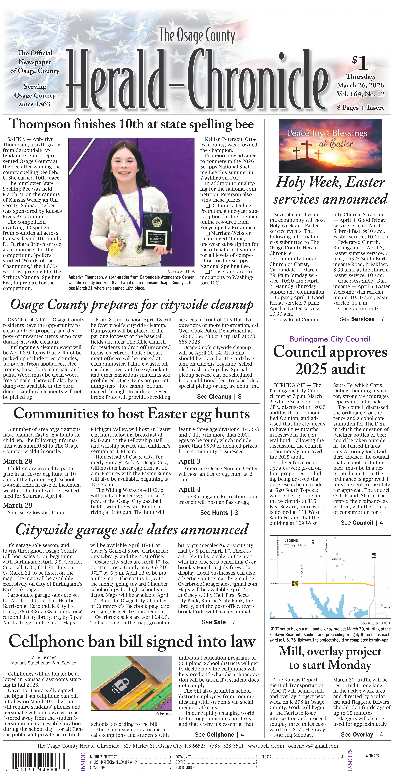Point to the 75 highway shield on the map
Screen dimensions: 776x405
(x=374, y=555)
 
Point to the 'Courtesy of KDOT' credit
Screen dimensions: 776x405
(x=375, y=623)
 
